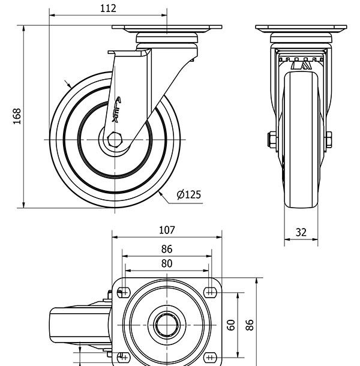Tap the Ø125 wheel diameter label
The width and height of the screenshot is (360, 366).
click(x=188, y=194)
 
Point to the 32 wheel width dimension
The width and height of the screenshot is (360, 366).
click(x=301, y=232)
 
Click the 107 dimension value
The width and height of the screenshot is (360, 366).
click(x=166, y=230)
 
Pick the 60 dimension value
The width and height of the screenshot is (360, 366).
click(x=230, y=325)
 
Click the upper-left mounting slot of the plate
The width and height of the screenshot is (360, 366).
click(x=124, y=292)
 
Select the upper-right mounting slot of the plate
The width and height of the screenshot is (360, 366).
click(x=209, y=292)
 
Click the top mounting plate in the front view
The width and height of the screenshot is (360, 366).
click(x=301, y=28)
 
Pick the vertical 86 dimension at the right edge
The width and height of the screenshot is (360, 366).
click(x=250, y=325)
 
